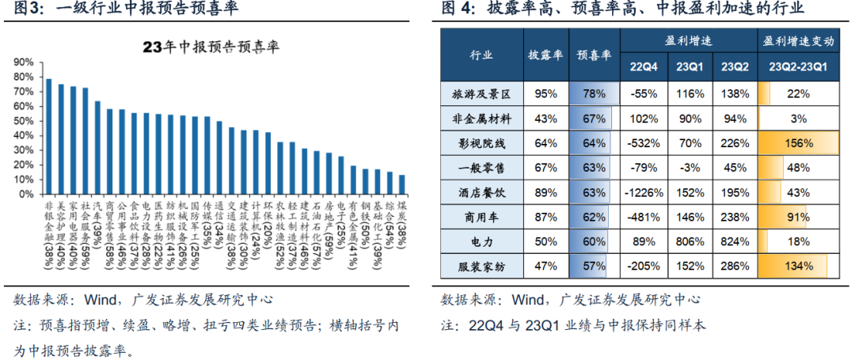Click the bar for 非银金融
(x=48, y=136)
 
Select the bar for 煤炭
(x=402, y=184)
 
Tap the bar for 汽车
(x=97, y=147)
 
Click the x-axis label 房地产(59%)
(x=329, y=237)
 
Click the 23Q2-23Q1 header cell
(x=797, y=67)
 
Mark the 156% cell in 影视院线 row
(x=797, y=143)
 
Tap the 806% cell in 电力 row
(x=687, y=241)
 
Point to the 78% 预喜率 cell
(x=594, y=94)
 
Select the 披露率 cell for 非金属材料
(x=545, y=119)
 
